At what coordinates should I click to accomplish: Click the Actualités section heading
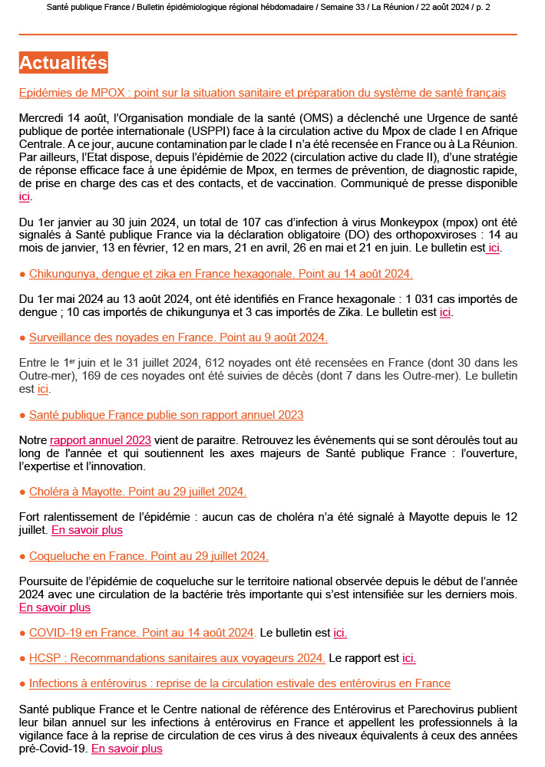pos(63,62)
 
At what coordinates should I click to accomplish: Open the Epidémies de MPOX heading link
pos(262,93)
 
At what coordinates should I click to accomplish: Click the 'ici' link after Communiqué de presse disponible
pos(24,197)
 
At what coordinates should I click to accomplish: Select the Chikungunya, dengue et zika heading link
pos(220,274)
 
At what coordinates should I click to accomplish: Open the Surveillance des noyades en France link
pos(178,337)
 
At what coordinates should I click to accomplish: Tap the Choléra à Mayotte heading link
pos(137,492)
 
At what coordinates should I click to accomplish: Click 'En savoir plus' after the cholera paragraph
pos(87,530)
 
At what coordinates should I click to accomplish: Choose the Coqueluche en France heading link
pos(148,555)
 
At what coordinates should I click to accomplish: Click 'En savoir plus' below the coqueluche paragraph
pos(54,607)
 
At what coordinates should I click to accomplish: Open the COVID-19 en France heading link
pos(141,633)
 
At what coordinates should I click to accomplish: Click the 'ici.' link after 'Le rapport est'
pos(409,658)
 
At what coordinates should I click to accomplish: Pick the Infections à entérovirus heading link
pos(239,683)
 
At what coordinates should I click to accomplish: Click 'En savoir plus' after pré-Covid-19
pos(127,749)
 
